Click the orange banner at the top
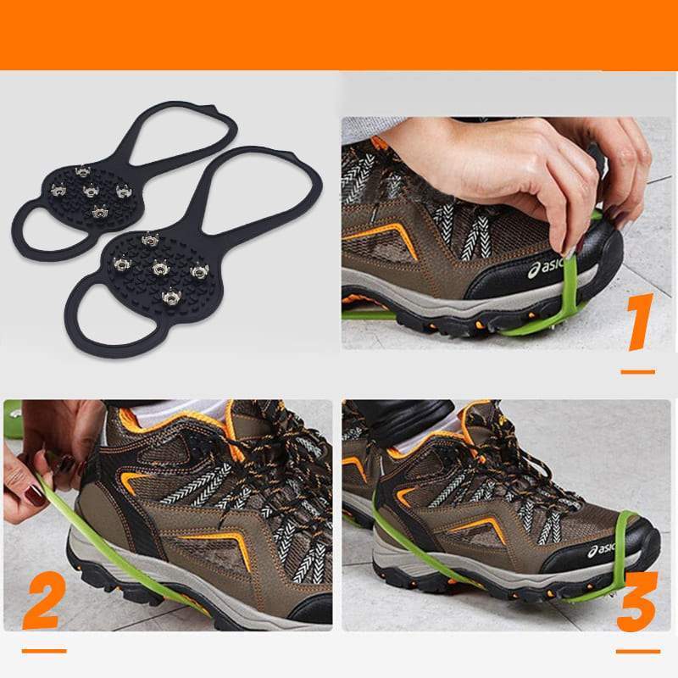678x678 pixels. click(x=339, y=34)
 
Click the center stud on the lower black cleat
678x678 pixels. click(x=158, y=268)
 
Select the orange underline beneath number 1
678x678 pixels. click(x=637, y=371)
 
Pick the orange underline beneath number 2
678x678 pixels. click(x=44, y=651)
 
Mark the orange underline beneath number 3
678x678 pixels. click(x=637, y=651)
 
